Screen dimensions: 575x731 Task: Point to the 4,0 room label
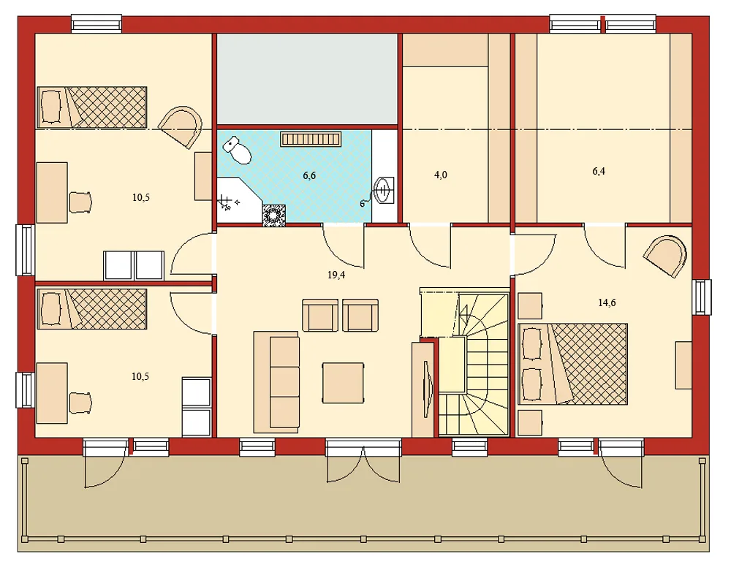(440, 175)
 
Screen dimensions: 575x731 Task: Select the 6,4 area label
(599, 171)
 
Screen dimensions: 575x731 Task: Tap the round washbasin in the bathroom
(383, 191)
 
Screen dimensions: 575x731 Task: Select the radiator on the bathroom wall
(311, 139)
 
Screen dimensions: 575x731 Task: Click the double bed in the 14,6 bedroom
(573, 364)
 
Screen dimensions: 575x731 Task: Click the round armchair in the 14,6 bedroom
(667, 256)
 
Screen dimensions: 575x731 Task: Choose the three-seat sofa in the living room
(276, 381)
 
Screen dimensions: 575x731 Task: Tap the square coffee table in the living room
(344, 382)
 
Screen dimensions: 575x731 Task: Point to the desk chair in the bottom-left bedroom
(80, 402)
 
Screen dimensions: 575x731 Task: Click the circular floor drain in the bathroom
(274, 214)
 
